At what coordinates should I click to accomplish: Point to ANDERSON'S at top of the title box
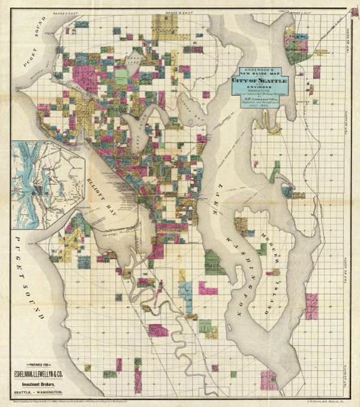click(260, 67)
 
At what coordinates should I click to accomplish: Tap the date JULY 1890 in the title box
click(260, 105)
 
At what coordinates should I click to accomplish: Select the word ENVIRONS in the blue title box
click(260, 88)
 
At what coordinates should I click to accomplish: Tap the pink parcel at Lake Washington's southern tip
click(269, 379)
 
